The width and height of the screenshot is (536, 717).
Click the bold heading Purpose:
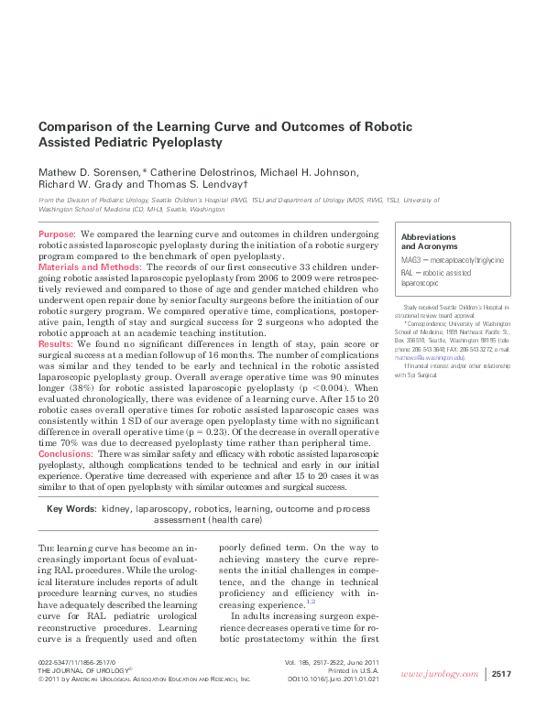point(58,235)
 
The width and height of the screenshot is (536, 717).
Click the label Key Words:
point(71,508)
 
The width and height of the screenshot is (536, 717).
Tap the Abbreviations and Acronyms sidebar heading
point(429,242)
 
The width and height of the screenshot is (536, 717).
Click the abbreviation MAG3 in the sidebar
point(411,261)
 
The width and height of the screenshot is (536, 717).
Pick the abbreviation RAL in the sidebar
point(409,274)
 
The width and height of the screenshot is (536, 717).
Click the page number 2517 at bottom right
point(501,673)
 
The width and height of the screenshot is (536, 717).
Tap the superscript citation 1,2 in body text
point(311,601)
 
